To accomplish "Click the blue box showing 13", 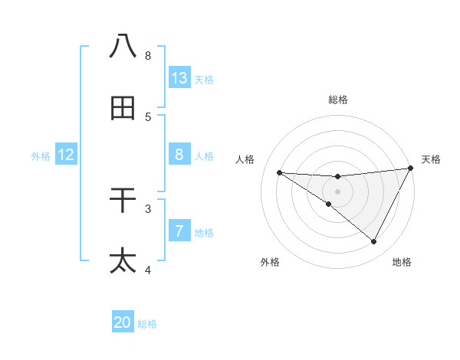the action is click(179, 78).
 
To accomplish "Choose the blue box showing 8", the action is click(179, 155).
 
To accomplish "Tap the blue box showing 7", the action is click(179, 231).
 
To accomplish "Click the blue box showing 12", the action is click(66, 155).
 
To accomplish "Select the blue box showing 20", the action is click(123, 322).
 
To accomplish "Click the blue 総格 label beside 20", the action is click(147, 324).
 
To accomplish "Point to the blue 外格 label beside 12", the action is click(41, 156).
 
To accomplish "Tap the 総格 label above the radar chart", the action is click(338, 100).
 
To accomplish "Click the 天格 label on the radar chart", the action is click(431, 159).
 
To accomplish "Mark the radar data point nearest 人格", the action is click(279, 172).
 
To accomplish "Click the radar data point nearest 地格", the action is click(374, 242).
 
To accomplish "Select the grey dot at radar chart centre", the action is click(338, 191).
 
